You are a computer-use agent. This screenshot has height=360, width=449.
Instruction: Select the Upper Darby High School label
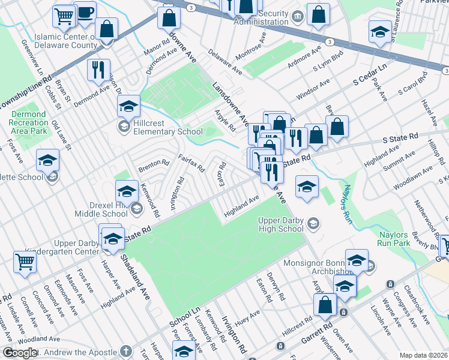(x=281, y=224)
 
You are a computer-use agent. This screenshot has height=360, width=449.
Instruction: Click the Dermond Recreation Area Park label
(x=28, y=122)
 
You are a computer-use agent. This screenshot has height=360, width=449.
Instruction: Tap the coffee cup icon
(x=85, y=12)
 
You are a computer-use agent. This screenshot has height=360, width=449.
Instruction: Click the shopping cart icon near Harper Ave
(x=25, y=261)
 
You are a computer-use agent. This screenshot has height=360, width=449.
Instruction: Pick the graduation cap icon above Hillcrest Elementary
(x=128, y=106)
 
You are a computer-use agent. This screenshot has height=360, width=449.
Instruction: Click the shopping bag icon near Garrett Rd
(x=325, y=304)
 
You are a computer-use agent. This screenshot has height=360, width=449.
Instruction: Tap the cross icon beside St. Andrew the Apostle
(x=125, y=350)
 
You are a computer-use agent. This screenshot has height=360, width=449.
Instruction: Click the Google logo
(x=19, y=353)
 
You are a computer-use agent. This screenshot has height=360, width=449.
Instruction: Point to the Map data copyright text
(x=423, y=355)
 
